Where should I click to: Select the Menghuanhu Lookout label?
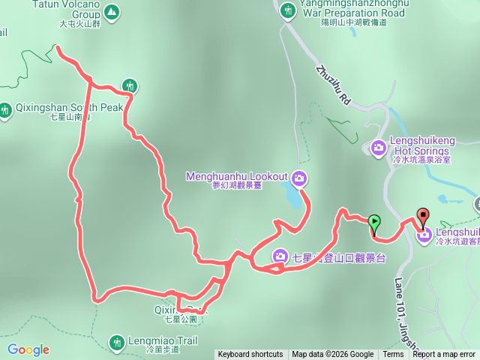pos(236,176)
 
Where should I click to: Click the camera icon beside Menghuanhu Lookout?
pos(299,178)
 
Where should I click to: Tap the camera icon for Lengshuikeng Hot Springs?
pos(379,146)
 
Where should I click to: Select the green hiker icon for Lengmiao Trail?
pos(116,343)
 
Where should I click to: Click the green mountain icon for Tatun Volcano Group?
pos(111,12)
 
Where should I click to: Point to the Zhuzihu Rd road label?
pos(334,84)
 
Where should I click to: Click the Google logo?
pos(28,349)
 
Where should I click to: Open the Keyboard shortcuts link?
pos(250,355)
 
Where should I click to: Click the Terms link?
pos(393,355)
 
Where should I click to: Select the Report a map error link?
pos(444,355)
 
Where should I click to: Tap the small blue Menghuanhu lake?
pos(294,197)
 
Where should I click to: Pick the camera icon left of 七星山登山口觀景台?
pos(280,256)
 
